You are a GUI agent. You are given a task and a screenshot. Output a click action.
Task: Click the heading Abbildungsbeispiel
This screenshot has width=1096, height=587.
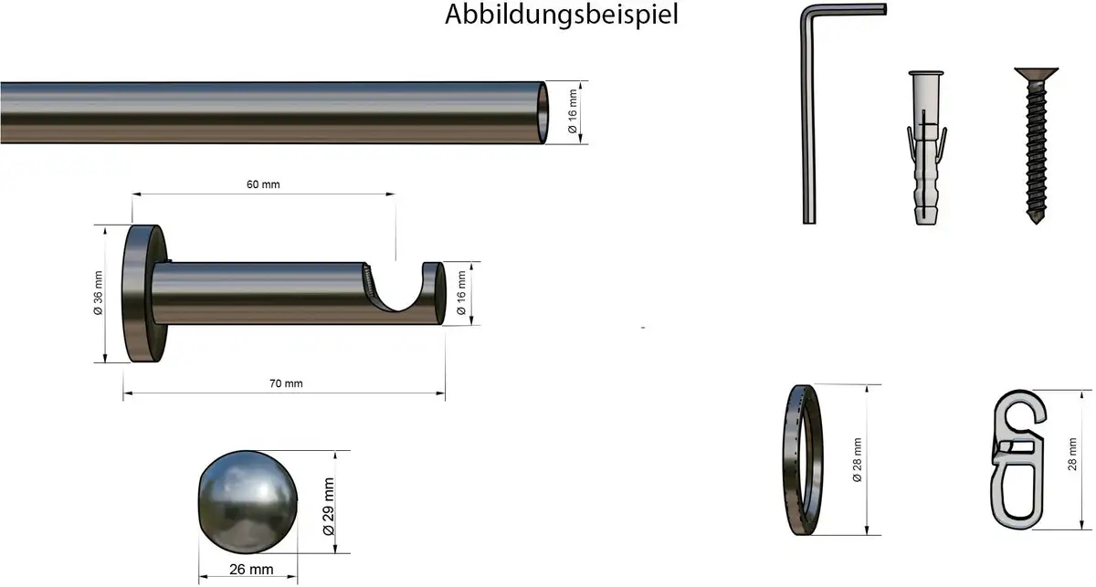561,15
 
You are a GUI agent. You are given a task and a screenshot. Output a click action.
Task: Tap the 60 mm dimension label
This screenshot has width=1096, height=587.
263,184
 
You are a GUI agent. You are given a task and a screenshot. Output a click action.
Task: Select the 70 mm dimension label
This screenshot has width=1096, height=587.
286,383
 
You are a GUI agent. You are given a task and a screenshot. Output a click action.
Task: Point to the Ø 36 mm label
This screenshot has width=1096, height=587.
99,293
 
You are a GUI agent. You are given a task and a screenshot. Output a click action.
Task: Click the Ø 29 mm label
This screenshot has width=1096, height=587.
329,507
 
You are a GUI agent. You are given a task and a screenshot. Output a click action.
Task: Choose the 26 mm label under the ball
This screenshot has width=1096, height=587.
251,570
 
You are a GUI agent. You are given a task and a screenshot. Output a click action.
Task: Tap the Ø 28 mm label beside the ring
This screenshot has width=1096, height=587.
858,460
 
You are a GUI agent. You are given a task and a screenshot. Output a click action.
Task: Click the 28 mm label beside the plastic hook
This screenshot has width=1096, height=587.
1072,455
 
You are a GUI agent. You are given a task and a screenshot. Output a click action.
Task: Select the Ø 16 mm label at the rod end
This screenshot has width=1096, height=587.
573,111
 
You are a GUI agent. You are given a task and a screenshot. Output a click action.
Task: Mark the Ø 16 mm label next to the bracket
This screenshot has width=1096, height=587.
461,293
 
